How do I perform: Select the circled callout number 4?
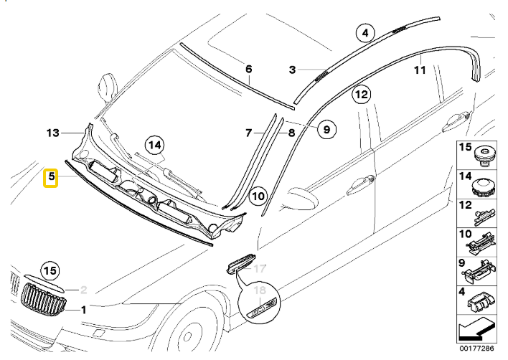click(x=365, y=33)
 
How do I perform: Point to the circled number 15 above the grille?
click(x=49, y=271)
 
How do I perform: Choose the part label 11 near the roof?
click(x=420, y=70)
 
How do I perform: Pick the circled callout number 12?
click(x=361, y=94)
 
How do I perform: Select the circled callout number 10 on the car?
click(x=258, y=195)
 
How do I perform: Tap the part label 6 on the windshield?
click(x=249, y=70)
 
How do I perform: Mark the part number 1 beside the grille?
click(x=83, y=310)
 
